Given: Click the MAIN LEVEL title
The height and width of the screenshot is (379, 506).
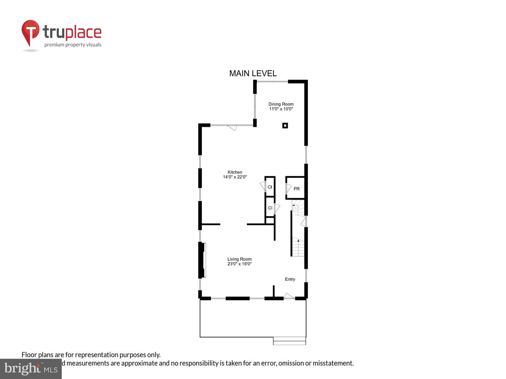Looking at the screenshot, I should pos(253,73).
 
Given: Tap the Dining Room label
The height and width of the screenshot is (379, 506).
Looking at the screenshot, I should pos(281,104).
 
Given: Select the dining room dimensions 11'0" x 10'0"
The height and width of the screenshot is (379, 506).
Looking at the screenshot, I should pos(281,109).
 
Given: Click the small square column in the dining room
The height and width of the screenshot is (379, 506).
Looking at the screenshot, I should pos(285,125).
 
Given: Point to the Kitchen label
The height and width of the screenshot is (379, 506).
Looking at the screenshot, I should pos(235,172).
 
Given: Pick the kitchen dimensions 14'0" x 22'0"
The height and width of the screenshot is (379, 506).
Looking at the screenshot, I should pos(235,177).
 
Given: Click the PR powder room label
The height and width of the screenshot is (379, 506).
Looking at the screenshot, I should pos(297,189).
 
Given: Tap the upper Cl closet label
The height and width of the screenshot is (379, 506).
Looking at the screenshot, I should pos(270,187).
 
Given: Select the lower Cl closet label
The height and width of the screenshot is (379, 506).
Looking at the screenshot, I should pos(270,208).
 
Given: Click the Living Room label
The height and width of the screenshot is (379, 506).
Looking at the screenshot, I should pos(239,259).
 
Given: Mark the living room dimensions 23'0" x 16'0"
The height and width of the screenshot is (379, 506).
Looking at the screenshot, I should pos(239,264).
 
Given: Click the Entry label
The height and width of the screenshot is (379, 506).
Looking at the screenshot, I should pos(290,279).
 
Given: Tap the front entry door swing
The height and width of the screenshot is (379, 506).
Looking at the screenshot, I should pos(289,296).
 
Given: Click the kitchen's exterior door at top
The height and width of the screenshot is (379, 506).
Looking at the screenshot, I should pos(232,127).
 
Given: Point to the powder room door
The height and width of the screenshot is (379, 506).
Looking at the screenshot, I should pos(288,188).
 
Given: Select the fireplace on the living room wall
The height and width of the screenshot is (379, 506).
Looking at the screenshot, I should pos(203,260).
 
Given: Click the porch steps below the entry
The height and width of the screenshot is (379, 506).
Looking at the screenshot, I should pos(289,341).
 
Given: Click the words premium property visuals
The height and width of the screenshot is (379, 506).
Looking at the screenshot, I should pos(73,45).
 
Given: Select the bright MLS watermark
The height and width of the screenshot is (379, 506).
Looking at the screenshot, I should pos(31,369).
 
